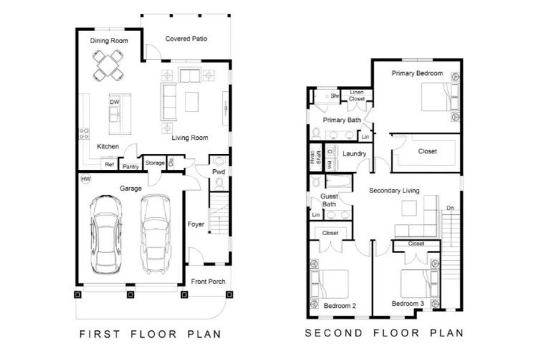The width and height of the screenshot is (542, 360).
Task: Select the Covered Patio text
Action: (x=186, y=38)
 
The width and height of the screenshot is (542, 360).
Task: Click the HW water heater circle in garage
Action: (x=84, y=179)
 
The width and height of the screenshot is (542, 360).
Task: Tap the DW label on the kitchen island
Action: (x=115, y=103)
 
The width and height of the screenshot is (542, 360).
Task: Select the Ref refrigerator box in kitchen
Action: (x=109, y=164)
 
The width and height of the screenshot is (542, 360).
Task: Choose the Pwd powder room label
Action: (x=218, y=171)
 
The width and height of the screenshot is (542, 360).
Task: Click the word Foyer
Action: (x=196, y=224)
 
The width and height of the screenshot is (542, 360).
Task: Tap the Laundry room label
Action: (x=354, y=154)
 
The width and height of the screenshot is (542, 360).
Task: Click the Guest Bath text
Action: (x=330, y=200)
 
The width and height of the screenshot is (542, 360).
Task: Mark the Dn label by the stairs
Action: (x=450, y=208)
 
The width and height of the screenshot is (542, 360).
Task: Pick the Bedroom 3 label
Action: (x=408, y=304)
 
